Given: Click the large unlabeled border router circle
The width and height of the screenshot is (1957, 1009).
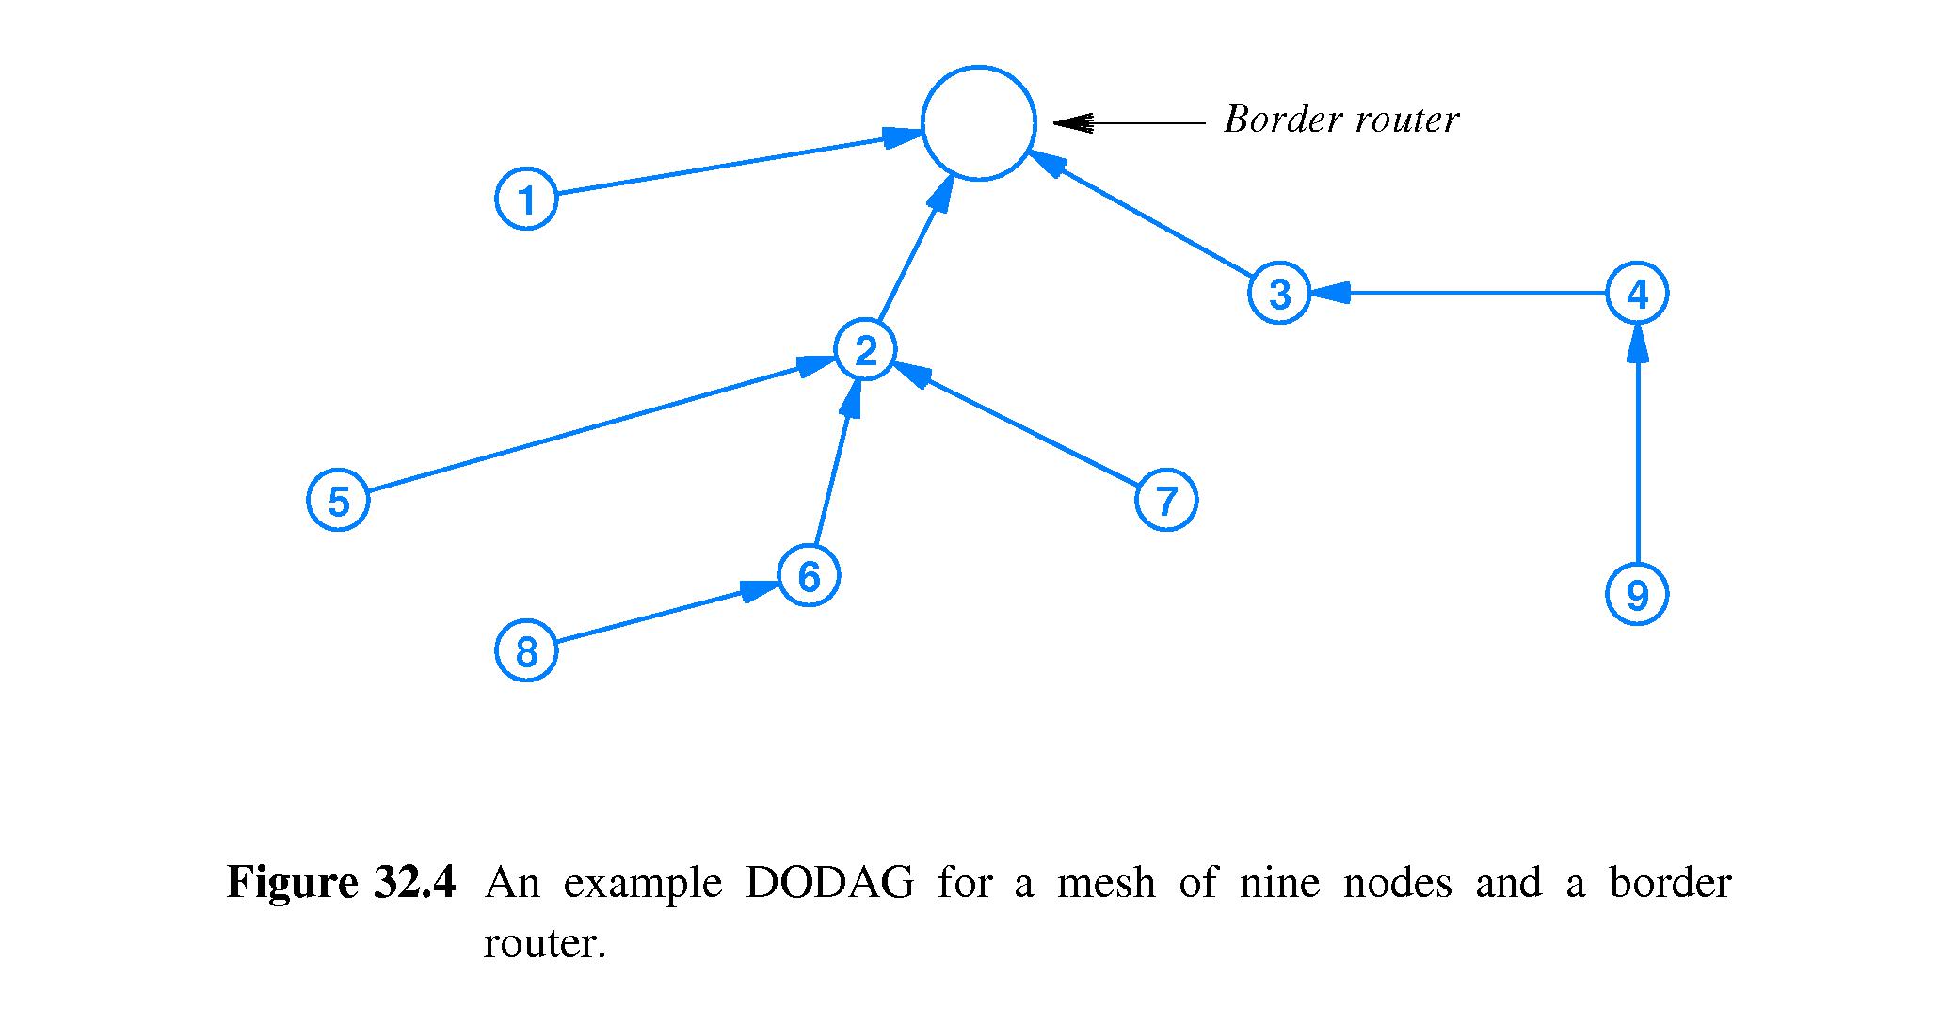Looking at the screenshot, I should [978, 122].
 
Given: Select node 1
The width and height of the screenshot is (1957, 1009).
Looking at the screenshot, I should [526, 199].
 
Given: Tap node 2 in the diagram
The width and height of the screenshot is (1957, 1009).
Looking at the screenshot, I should [865, 350].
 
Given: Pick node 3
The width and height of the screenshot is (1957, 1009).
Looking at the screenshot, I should [1279, 293].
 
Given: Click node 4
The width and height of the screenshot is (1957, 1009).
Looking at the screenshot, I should [1637, 293].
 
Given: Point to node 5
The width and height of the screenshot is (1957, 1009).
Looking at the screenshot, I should [338, 500].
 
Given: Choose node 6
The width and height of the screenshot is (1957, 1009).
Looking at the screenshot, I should [809, 575].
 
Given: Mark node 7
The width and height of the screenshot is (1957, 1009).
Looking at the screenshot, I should [1166, 500].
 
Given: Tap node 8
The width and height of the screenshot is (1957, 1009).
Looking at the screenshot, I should [526, 650].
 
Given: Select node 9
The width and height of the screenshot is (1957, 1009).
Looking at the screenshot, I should [1637, 594].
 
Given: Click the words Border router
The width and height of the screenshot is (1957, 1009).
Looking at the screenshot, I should [1340, 120].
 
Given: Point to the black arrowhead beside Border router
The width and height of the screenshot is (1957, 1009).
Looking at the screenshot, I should [1073, 122].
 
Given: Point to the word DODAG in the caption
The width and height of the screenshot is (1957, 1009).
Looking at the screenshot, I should [828, 883].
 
